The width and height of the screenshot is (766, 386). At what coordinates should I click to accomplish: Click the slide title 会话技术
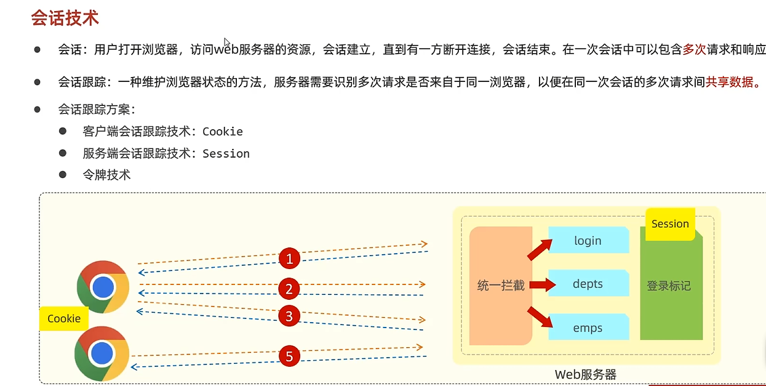(65, 18)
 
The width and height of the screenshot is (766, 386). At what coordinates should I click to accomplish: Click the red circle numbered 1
(289, 259)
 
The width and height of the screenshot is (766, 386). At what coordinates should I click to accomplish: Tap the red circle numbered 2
(289, 288)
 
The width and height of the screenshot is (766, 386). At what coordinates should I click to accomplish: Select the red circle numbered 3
(289, 316)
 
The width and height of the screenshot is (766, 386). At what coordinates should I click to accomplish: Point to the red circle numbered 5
(289, 356)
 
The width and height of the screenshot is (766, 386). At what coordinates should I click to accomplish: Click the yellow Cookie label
(64, 318)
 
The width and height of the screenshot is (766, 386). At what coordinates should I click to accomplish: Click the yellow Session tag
(670, 224)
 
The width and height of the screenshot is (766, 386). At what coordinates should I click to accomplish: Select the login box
(588, 241)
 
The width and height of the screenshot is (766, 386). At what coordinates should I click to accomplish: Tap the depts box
(588, 284)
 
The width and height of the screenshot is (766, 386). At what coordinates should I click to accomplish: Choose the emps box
(588, 328)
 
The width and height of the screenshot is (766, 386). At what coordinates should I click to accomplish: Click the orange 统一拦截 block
(501, 286)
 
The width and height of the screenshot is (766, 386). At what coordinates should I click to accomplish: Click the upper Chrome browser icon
(103, 287)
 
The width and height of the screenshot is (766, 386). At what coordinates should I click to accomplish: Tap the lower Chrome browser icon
(102, 354)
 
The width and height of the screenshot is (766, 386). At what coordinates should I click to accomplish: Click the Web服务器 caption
(585, 374)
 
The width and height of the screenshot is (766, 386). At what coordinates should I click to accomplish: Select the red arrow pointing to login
(539, 250)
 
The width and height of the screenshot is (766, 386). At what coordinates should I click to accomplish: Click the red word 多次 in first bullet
(694, 50)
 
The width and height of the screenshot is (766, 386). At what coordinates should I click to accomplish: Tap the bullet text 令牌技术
(106, 175)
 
